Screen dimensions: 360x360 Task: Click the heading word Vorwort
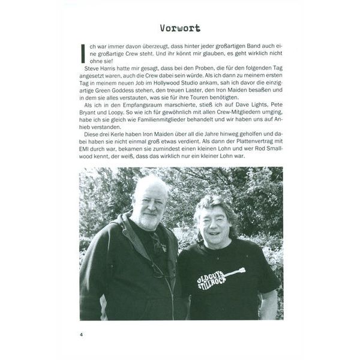[x=180, y=28]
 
